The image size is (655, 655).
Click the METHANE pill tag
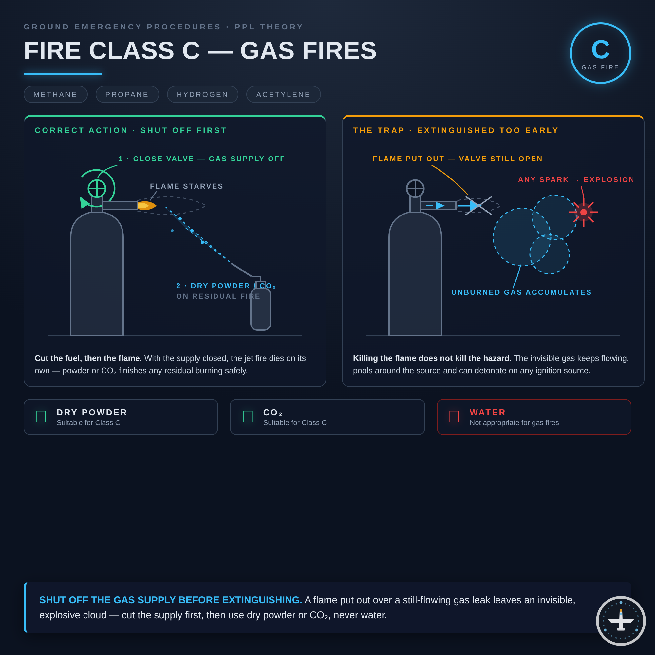[x=56, y=94]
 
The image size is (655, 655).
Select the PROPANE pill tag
[x=127, y=94]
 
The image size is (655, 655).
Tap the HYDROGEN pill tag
[x=203, y=94]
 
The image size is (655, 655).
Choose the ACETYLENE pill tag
[x=283, y=94]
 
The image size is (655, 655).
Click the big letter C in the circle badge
[x=600, y=49]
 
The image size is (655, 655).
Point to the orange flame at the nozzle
[x=146, y=206]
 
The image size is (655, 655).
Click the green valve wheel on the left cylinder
[x=97, y=189]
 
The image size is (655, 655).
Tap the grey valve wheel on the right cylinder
[x=415, y=189]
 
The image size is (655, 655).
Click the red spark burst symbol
[x=584, y=212]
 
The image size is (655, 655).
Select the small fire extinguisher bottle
[x=261, y=305]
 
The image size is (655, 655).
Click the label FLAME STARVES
[x=187, y=186]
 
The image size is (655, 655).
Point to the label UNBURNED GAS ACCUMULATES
[x=521, y=292]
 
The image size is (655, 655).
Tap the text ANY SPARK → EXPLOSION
[x=576, y=180]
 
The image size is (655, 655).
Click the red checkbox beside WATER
[x=454, y=417]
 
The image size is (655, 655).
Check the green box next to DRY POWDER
[x=41, y=417]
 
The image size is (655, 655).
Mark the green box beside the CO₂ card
[x=248, y=417]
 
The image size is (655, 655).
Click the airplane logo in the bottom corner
[x=621, y=621]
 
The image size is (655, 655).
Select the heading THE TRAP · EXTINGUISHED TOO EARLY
[x=456, y=130]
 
